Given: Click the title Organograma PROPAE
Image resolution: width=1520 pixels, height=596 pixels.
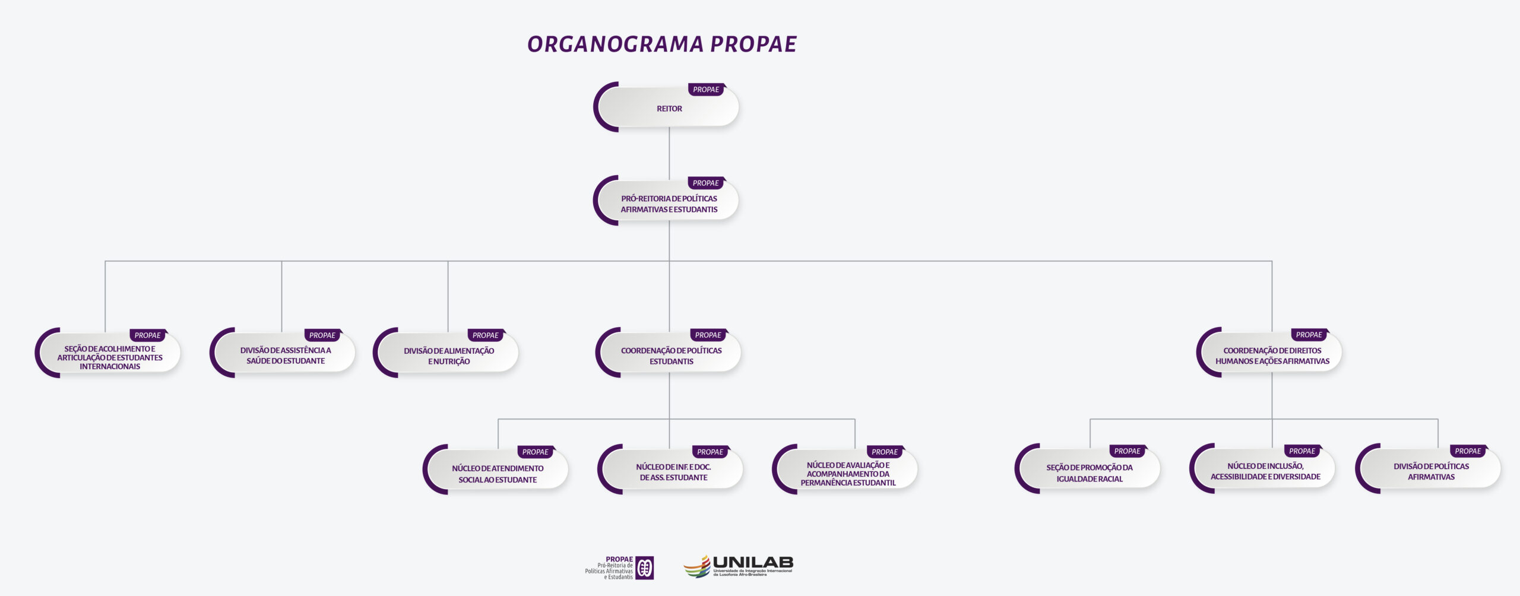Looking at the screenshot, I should (661, 45).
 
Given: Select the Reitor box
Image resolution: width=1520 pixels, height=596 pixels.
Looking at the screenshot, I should (669, 109).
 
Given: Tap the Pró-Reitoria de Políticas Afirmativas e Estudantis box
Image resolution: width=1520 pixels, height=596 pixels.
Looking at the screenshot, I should (669, 204).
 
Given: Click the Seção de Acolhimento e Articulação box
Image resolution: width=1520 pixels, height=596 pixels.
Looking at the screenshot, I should (110, 357).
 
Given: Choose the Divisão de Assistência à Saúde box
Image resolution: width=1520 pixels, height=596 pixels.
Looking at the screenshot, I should (285, 356).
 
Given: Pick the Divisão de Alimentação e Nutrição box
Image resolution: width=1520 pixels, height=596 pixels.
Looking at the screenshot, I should (449, 356).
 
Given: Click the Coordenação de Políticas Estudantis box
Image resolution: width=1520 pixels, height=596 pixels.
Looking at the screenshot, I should (671, 356).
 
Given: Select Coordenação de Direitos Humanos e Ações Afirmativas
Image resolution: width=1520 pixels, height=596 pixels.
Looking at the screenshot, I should (1272, 356).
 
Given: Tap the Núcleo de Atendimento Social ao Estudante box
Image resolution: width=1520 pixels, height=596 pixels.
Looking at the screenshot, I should (498, 474).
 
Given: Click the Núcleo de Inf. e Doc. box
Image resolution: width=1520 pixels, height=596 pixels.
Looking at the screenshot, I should (673, 473).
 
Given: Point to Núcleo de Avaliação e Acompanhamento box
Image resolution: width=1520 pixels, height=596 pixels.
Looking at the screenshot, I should (848, 474).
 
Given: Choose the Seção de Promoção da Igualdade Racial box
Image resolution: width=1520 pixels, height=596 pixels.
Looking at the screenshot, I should (1090, 473).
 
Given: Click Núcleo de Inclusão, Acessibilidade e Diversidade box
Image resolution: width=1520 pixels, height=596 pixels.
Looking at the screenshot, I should (1265, 471).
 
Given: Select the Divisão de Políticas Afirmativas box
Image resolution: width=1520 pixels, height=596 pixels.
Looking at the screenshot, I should (1431, 471).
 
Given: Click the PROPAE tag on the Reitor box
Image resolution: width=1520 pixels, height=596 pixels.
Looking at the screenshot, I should (706, 90).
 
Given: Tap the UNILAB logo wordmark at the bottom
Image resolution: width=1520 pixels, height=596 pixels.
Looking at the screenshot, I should (752, 562).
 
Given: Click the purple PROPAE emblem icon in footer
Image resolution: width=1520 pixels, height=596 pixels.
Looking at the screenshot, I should (645, 568).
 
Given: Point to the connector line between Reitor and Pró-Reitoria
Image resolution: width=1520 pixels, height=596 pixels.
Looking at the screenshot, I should (669, 152).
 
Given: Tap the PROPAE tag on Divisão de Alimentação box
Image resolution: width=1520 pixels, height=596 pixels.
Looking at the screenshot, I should (485, 335).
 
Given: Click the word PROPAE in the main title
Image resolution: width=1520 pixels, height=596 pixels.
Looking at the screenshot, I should (753, 45).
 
